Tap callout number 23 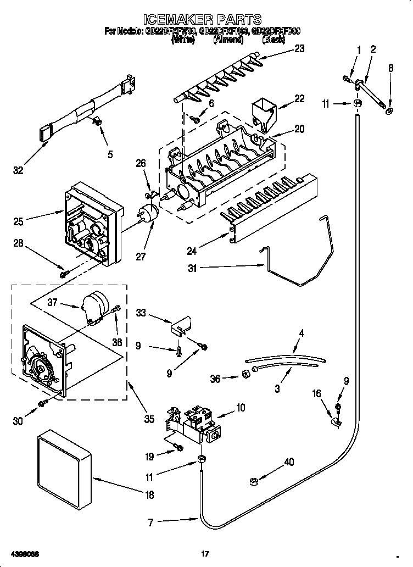pyautogui.click(x=299, y=48)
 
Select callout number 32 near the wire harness pyautogui.click(x=18, y=171)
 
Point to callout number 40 pyautogui.click(x=289, y=463)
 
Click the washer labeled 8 pyautogui.click(x=389, y=113)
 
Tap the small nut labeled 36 pyautogui.click(x=247, y=375)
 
